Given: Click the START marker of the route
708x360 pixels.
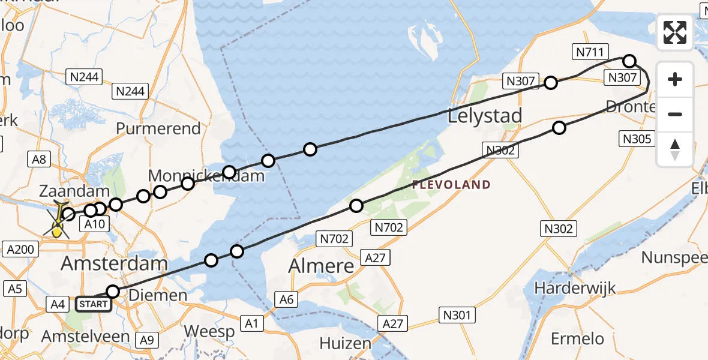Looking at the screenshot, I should click(x=94, y=304).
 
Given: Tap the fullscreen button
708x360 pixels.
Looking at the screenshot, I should click(x=675, y=32).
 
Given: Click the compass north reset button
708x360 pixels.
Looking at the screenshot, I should click(x=675, y=149).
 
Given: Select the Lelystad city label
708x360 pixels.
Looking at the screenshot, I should click(x=485, y=116).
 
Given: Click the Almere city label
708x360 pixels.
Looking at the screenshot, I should click(x=322, y=266).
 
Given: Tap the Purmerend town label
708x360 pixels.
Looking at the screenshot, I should click(x=158, y=128).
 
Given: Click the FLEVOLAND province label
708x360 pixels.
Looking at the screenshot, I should click(x=451, y=185).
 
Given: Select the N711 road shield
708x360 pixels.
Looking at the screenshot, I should click(x=590, y=52).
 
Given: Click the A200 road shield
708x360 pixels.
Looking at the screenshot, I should click(x=22, y=248).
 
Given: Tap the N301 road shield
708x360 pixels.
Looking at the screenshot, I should click(x=457, y=315).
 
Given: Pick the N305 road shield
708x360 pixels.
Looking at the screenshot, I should click(x=635, y=139).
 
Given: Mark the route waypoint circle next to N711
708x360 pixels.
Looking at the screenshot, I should click(x=629, y=61).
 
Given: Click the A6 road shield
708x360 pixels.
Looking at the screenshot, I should click(x=287, y=298).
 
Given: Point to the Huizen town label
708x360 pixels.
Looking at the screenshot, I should click(x=345, y=343).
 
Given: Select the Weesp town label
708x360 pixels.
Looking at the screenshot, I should click(x=209, y=331).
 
